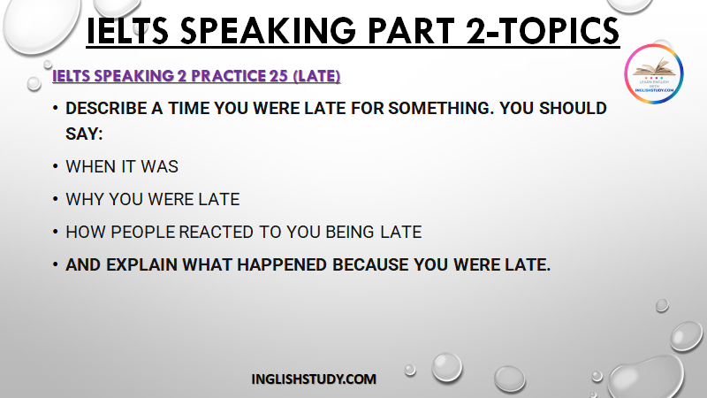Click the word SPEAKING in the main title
click(268, 31)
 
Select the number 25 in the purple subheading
click(278, 76)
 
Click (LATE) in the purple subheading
click(316, 76)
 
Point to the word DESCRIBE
click(106, 108)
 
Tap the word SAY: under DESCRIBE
click(84, 134)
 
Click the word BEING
click(350, 232)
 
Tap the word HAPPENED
click(282, 264)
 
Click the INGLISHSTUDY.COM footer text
click(314, 379)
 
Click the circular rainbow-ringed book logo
click(654, 73)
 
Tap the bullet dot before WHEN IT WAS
click(56, 166)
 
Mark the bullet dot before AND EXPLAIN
click(56, 264)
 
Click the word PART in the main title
click(411, 31)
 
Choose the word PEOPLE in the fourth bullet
click(142, 232)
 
